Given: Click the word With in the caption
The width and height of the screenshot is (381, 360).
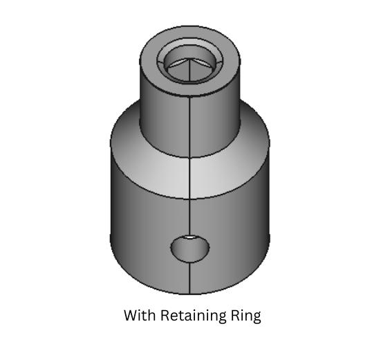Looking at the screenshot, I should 140,316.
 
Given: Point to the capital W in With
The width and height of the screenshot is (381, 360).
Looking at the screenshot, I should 131,316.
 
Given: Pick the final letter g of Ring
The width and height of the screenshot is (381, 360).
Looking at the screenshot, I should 255,318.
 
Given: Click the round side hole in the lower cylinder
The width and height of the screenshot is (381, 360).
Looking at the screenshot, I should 190,248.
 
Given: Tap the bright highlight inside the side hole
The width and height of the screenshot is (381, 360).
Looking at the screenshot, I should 198,244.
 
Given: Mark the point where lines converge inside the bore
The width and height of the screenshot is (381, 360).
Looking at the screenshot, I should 190,62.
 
